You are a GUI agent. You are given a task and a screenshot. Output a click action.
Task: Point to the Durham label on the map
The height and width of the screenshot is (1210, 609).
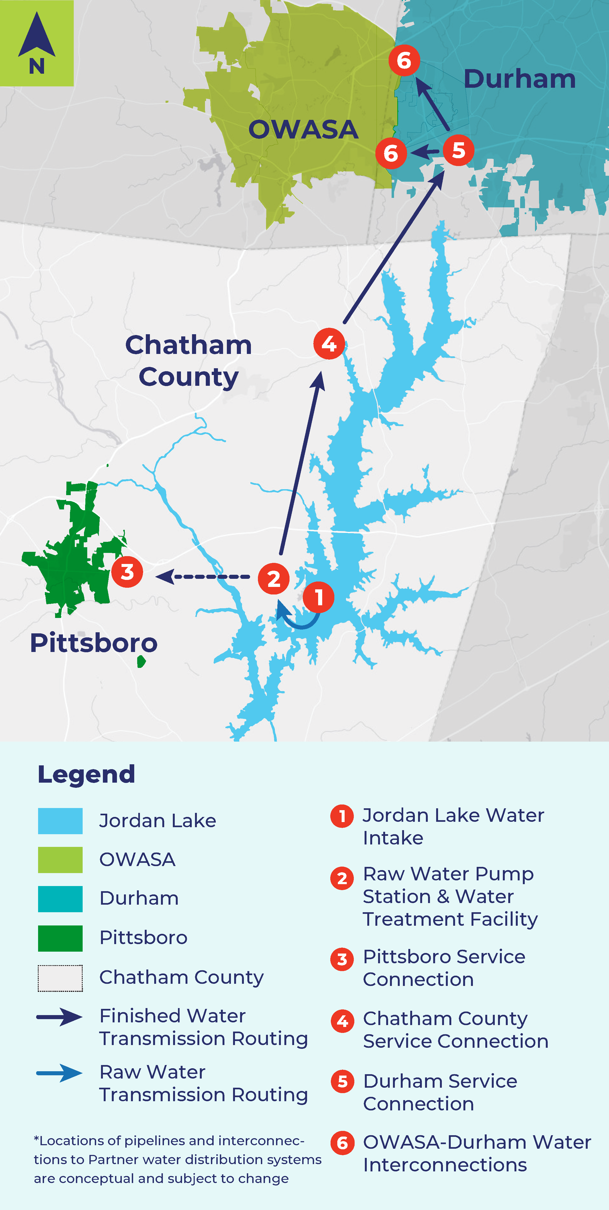(x=519, y=79)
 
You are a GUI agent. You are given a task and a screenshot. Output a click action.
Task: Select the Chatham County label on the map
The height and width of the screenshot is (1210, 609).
(x=189, y=361)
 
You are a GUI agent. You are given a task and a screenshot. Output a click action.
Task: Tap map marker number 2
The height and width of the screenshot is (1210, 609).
(x=274, y=578)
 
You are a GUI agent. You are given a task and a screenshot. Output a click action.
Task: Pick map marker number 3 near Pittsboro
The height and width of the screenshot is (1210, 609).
(x=127, y=572)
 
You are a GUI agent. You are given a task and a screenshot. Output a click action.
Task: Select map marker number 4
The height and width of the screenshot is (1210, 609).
(x=329, y=344)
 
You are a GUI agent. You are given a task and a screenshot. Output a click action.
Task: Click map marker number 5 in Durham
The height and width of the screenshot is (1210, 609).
(x=458, y=150)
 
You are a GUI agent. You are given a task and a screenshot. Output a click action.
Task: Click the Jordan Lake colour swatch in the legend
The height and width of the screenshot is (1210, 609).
(x=60, y=821)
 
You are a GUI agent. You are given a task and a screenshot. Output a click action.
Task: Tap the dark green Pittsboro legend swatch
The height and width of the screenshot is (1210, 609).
(x=60, y=938)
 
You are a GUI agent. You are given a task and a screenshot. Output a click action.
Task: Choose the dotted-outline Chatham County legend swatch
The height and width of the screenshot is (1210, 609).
(x=60, y=978)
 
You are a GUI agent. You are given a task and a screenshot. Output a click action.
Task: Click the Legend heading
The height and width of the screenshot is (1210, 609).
(x=86, y=774)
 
